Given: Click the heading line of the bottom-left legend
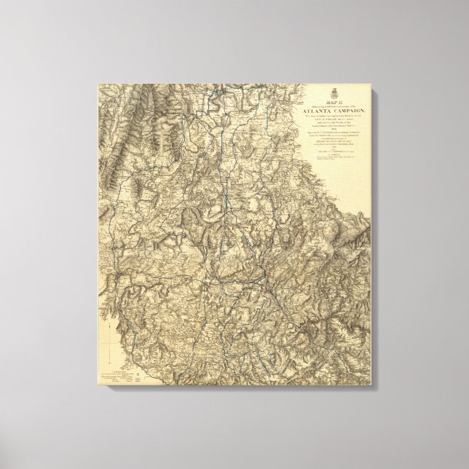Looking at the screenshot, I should pyautogui.click(x=117, y=370).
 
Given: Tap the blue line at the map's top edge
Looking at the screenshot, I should pyautogui.click(x=218, y=90).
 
